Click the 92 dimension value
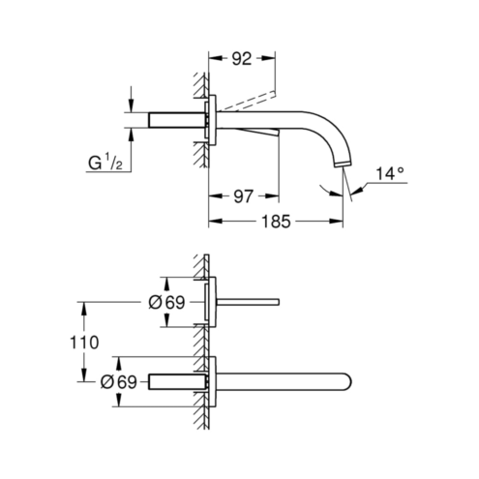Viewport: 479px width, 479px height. click(241, 59)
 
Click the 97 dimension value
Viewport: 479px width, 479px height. click(243, 196)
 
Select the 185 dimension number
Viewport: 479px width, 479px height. click(276, 222)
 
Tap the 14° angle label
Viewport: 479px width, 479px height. click(390, 174)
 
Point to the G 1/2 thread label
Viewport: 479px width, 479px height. click(105, 163)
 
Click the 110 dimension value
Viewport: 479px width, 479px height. click(84, 343)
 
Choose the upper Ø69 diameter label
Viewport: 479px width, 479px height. click(166, 303)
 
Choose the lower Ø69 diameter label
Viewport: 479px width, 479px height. click(119, 382)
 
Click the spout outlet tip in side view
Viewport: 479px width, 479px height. click(343, 165)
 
